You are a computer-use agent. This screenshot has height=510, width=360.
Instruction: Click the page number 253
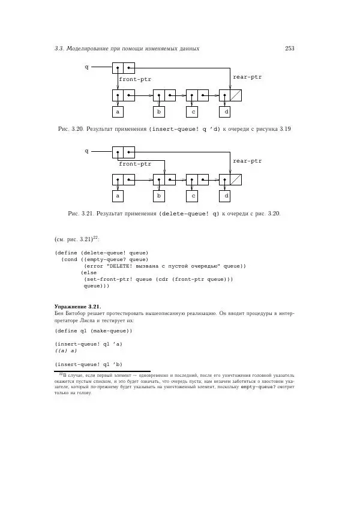[x=289, y=49]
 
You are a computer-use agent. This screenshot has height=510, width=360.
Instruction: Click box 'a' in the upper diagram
[x=118, y=112]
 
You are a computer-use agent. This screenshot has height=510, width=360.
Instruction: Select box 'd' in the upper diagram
[x=226, y=112]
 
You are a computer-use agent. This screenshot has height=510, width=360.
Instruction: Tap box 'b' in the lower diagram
[x=159, y=196]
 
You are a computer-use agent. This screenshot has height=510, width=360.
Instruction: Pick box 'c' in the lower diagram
[x=193, y=196]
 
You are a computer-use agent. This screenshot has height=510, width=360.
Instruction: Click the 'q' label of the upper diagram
[x=86, y=67]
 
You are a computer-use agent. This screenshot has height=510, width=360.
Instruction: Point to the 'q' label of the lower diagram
[x=86, y=151]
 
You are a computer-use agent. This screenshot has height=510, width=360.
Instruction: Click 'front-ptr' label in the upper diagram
[x=135, y=79]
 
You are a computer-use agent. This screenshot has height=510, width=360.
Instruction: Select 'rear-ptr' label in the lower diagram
[x=247, y=161]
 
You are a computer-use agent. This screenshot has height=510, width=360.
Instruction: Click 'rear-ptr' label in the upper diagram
[x=247, y=77]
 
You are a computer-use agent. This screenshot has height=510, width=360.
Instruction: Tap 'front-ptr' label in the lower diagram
[x=135, y=163]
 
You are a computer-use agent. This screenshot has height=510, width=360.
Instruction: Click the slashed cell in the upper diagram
[x=236, y=95]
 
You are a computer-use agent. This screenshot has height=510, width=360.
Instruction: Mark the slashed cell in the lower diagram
[x=236, y=179]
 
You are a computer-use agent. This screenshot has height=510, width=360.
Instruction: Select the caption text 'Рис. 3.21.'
[x=80, y=213]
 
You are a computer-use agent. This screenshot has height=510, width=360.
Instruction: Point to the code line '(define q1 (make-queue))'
[x=93, y=331]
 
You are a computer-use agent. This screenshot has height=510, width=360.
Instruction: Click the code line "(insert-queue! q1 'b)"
[x=88, y=364]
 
